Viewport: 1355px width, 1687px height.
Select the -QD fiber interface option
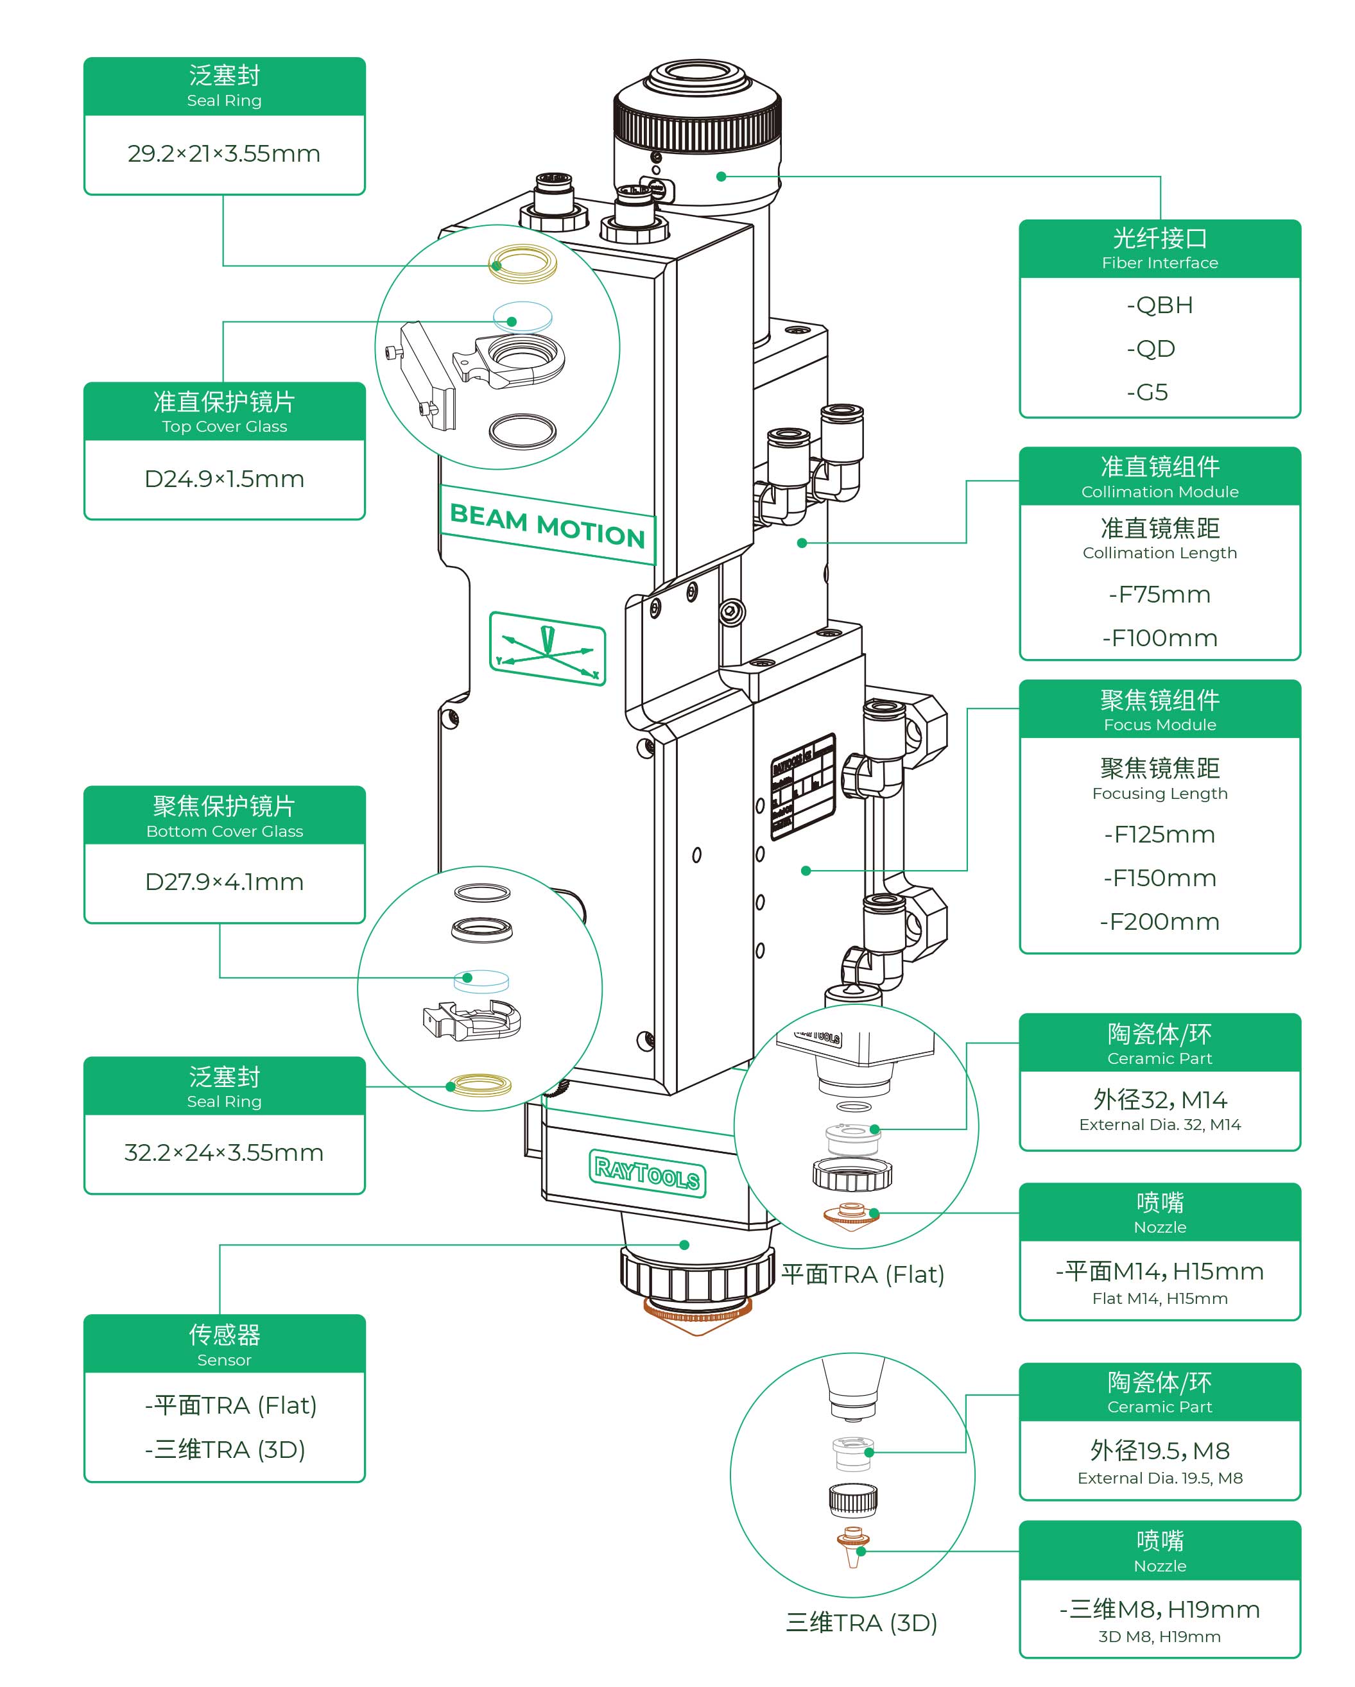coord(1151,349)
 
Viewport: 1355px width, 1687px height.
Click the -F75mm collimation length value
coord(1159,595)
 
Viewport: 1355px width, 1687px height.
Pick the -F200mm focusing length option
coord(1159,921)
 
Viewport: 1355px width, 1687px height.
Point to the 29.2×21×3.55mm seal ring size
coord(224,153)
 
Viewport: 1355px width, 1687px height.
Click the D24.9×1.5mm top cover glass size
coord(224,479)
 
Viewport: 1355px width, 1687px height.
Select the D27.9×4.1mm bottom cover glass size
coord(224,882)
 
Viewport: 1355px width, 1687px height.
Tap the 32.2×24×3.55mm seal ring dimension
coord(224,1152)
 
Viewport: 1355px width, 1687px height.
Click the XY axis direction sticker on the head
coord(547,649)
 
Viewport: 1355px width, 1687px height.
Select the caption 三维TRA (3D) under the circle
coord(861,1623)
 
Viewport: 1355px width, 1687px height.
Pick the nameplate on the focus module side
coord(802,786)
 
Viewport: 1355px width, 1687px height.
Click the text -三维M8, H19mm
coord(1159,1609)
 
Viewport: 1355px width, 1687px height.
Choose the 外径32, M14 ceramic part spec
coord(1159,1100)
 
